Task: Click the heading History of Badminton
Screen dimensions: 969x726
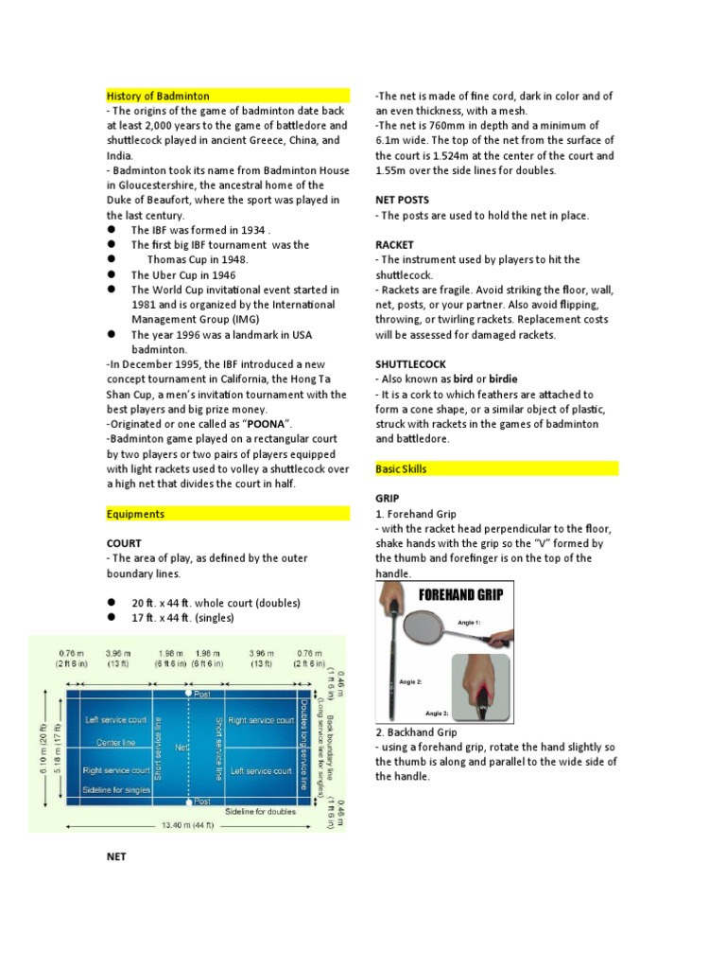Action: (158, 96)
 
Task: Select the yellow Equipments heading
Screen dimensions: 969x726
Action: (135, 514)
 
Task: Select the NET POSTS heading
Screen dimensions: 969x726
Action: (402, 200)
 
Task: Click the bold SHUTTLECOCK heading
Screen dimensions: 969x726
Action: (411, 364)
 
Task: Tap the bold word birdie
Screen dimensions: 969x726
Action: (502, 379)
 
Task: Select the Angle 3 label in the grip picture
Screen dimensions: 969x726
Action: (438, 713)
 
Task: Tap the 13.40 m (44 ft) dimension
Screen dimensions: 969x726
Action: (184, 825)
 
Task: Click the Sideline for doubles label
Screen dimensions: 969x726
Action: (261, 812)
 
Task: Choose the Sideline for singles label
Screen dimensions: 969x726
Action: (118, 789)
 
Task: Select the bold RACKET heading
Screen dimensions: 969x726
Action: (397, 244)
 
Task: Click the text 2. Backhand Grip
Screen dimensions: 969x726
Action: (416, 731)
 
